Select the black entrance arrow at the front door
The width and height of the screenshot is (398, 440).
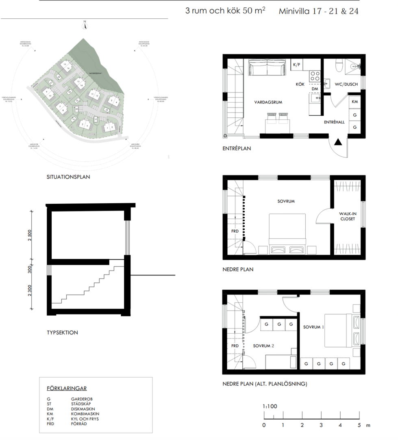338,142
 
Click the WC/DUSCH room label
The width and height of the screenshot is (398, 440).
346,84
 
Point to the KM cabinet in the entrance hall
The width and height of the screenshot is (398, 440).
355,101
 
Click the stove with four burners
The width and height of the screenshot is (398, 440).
315,75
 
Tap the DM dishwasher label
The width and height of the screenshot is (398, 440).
314,88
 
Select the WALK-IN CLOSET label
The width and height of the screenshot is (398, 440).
347,216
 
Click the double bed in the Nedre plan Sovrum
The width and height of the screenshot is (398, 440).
287,233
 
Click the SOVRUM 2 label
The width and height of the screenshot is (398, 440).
264,345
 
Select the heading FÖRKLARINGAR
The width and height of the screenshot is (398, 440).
67,389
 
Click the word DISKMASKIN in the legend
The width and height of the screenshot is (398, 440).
85,409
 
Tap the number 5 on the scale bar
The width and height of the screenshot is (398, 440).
359,425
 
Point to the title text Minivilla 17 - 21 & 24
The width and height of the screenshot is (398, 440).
318,11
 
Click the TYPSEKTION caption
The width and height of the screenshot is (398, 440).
62,332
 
